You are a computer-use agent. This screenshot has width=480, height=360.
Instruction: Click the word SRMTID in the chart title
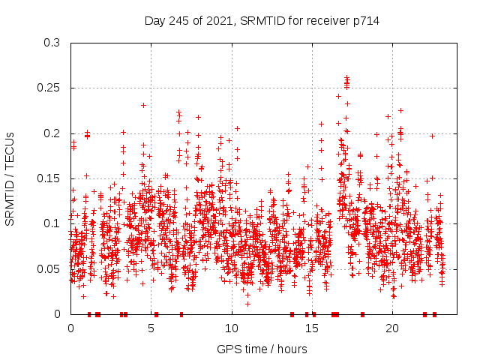point(259,21)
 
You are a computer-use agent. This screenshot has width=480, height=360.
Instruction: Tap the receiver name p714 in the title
point(364,21)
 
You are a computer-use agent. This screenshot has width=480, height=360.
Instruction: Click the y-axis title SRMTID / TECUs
point(10,178)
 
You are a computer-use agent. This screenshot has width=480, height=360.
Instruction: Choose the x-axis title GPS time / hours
point(262,349)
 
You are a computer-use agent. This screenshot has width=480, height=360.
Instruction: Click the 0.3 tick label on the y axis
point(52,43)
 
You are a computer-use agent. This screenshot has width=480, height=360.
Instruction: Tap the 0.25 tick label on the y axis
point(49,88)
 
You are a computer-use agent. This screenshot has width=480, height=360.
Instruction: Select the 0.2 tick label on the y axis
point(52,133)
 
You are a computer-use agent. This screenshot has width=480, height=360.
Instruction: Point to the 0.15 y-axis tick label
point(49,178)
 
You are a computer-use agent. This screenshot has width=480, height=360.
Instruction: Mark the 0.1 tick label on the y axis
point(52,223)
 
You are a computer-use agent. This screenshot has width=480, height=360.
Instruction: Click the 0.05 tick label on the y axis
point(49,268)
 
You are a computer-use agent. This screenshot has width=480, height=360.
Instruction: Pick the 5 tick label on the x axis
point(151,328)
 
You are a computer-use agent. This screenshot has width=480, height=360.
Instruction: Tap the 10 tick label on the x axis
point(231,328)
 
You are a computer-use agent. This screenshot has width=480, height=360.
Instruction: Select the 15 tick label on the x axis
point(311,328)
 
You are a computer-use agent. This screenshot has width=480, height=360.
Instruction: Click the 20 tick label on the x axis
point(391,328)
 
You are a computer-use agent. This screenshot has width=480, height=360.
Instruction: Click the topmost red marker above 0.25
point(346,77)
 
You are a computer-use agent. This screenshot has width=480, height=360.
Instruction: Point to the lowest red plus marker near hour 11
point(247,303)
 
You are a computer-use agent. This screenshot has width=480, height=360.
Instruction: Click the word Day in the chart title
point(154,21)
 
